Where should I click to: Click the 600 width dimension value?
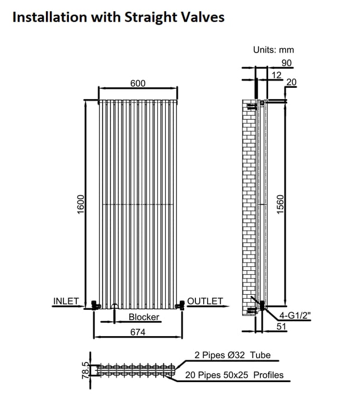point(138,83)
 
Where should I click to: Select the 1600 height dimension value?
point(81,204)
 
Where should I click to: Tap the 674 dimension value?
point(138,332)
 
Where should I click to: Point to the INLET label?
point(66,301)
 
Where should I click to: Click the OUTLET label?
point(205,301)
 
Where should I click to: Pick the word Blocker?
point(144,317)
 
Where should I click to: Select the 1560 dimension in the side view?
point(280,205)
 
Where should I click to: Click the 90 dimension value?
point(286,63)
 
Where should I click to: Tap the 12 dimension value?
point(276,75)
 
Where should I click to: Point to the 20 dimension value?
point(291,82)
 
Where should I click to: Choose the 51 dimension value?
point(282,327)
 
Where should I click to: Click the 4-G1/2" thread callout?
point(295,315)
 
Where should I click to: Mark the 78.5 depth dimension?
point(86,370)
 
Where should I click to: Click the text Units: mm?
point(273,50)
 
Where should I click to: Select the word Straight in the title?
point(151,18)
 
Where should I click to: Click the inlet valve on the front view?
point(96,305)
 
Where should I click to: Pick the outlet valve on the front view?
point(180,305)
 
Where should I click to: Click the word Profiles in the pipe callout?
point(268,375)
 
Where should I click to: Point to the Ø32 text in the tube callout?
point(236,355)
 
